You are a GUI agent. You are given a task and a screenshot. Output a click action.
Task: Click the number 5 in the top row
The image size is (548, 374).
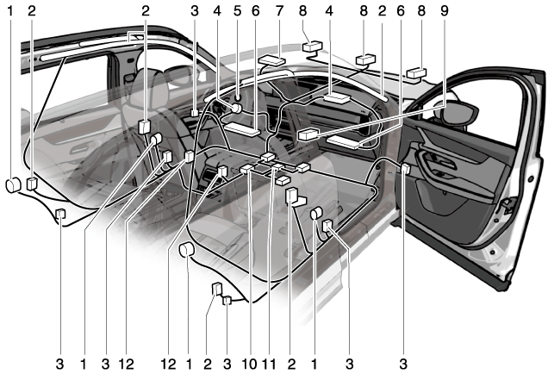point(237,11)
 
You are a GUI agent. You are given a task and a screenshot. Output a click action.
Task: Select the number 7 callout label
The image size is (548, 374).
point(279,11)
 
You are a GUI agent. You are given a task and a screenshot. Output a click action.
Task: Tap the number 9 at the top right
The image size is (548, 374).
point(444,11)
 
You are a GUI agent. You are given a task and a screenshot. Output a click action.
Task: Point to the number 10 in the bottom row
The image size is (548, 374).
point(249,365)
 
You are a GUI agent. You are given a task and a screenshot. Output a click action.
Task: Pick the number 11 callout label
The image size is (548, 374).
point(269,365)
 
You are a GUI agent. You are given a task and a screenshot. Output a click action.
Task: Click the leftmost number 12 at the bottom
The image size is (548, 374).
point(126,365)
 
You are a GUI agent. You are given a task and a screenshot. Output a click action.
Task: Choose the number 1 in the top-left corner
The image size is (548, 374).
point(10,11)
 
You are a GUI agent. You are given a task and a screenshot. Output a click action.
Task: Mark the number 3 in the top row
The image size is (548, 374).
point(195,11)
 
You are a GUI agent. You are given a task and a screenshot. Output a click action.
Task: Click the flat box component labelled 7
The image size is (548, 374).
point(272,59)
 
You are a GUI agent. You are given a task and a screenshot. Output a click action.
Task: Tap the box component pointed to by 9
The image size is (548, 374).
point(308,134)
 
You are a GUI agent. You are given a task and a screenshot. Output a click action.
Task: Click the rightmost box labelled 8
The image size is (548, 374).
point(416,73)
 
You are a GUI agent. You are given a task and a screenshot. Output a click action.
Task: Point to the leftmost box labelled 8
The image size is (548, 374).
point(312,47)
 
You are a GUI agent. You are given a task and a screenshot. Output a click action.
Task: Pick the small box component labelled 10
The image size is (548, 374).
point(246,169)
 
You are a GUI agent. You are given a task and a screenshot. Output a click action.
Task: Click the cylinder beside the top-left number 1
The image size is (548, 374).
point(14,185)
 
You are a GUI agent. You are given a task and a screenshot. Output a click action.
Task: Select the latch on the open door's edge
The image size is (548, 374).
point(508,206)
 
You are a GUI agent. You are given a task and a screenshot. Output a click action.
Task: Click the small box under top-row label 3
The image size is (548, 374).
point(195,113)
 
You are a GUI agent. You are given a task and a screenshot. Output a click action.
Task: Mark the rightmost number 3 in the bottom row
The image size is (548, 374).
point(403,365)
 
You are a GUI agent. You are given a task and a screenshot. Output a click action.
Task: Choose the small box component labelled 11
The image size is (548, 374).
point(277,167)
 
